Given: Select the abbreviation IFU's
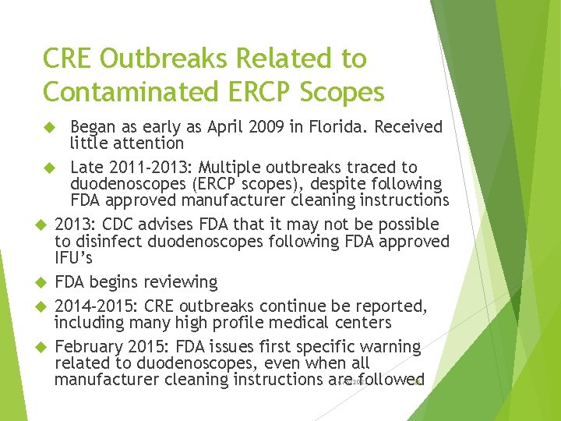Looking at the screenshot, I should (x=75, y=257).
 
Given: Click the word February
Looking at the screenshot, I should (x=87, y=346).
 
